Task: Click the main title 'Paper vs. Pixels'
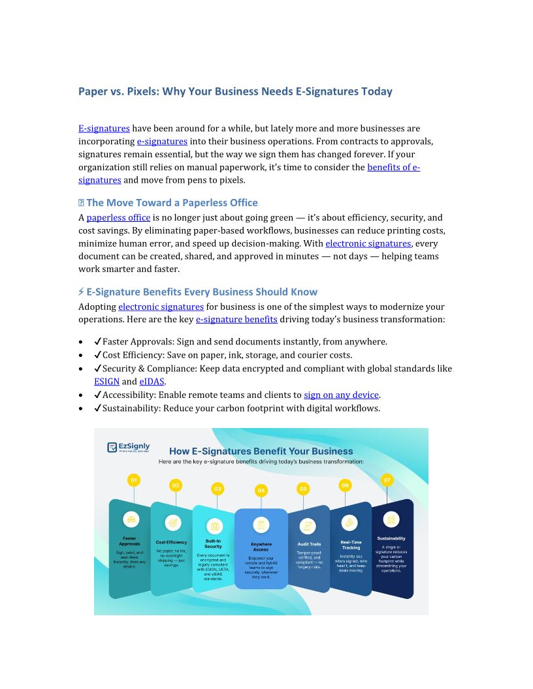tap(235, 91)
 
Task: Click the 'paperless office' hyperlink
tap(118, 218)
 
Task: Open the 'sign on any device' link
tap(342, 395)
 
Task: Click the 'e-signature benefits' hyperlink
tap(236, 320)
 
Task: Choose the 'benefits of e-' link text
tap(393, 167)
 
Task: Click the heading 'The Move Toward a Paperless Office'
tap(172, 203)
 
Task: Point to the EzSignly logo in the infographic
tap(129, 448)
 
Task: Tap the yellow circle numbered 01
tap(134, 480)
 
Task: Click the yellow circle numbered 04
tap(261, 490)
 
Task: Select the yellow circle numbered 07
tap(387, 480)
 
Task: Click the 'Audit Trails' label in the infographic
tap(309, 544)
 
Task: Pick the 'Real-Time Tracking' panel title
tap(351, 544)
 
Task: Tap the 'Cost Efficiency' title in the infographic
tap(171, 542)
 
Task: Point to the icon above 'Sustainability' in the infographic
tap(391, 519)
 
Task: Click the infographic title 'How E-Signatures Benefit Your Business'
tap(261, 451)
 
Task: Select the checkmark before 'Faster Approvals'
tap(97, 342)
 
